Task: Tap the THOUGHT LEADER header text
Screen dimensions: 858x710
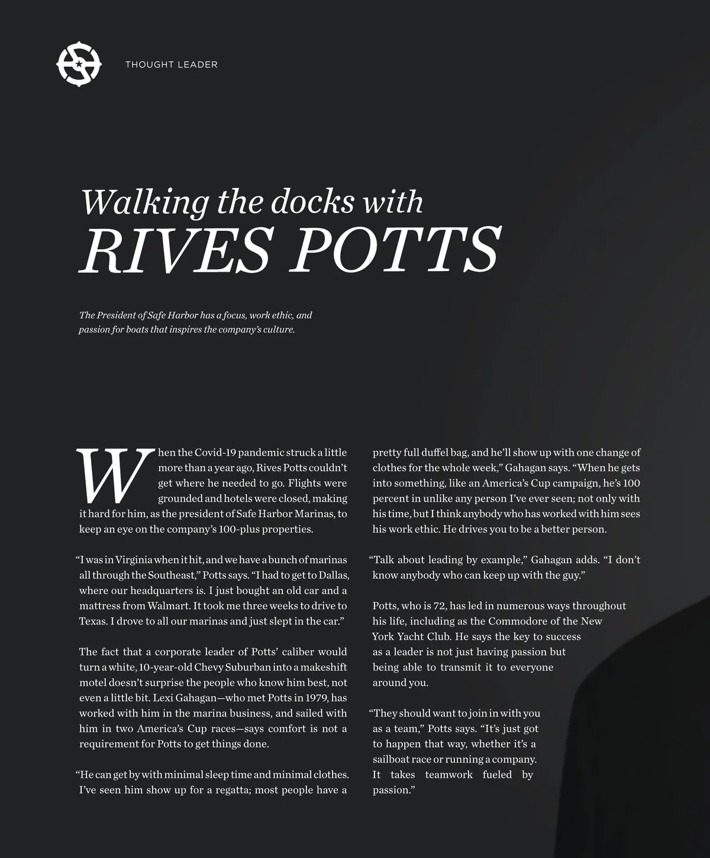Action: tap(171, 64)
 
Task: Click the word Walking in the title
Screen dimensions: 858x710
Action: tap(145, 202)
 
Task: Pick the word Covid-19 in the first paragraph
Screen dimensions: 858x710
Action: tap(215, 453)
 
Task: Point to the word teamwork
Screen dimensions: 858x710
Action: tap(448, 775)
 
